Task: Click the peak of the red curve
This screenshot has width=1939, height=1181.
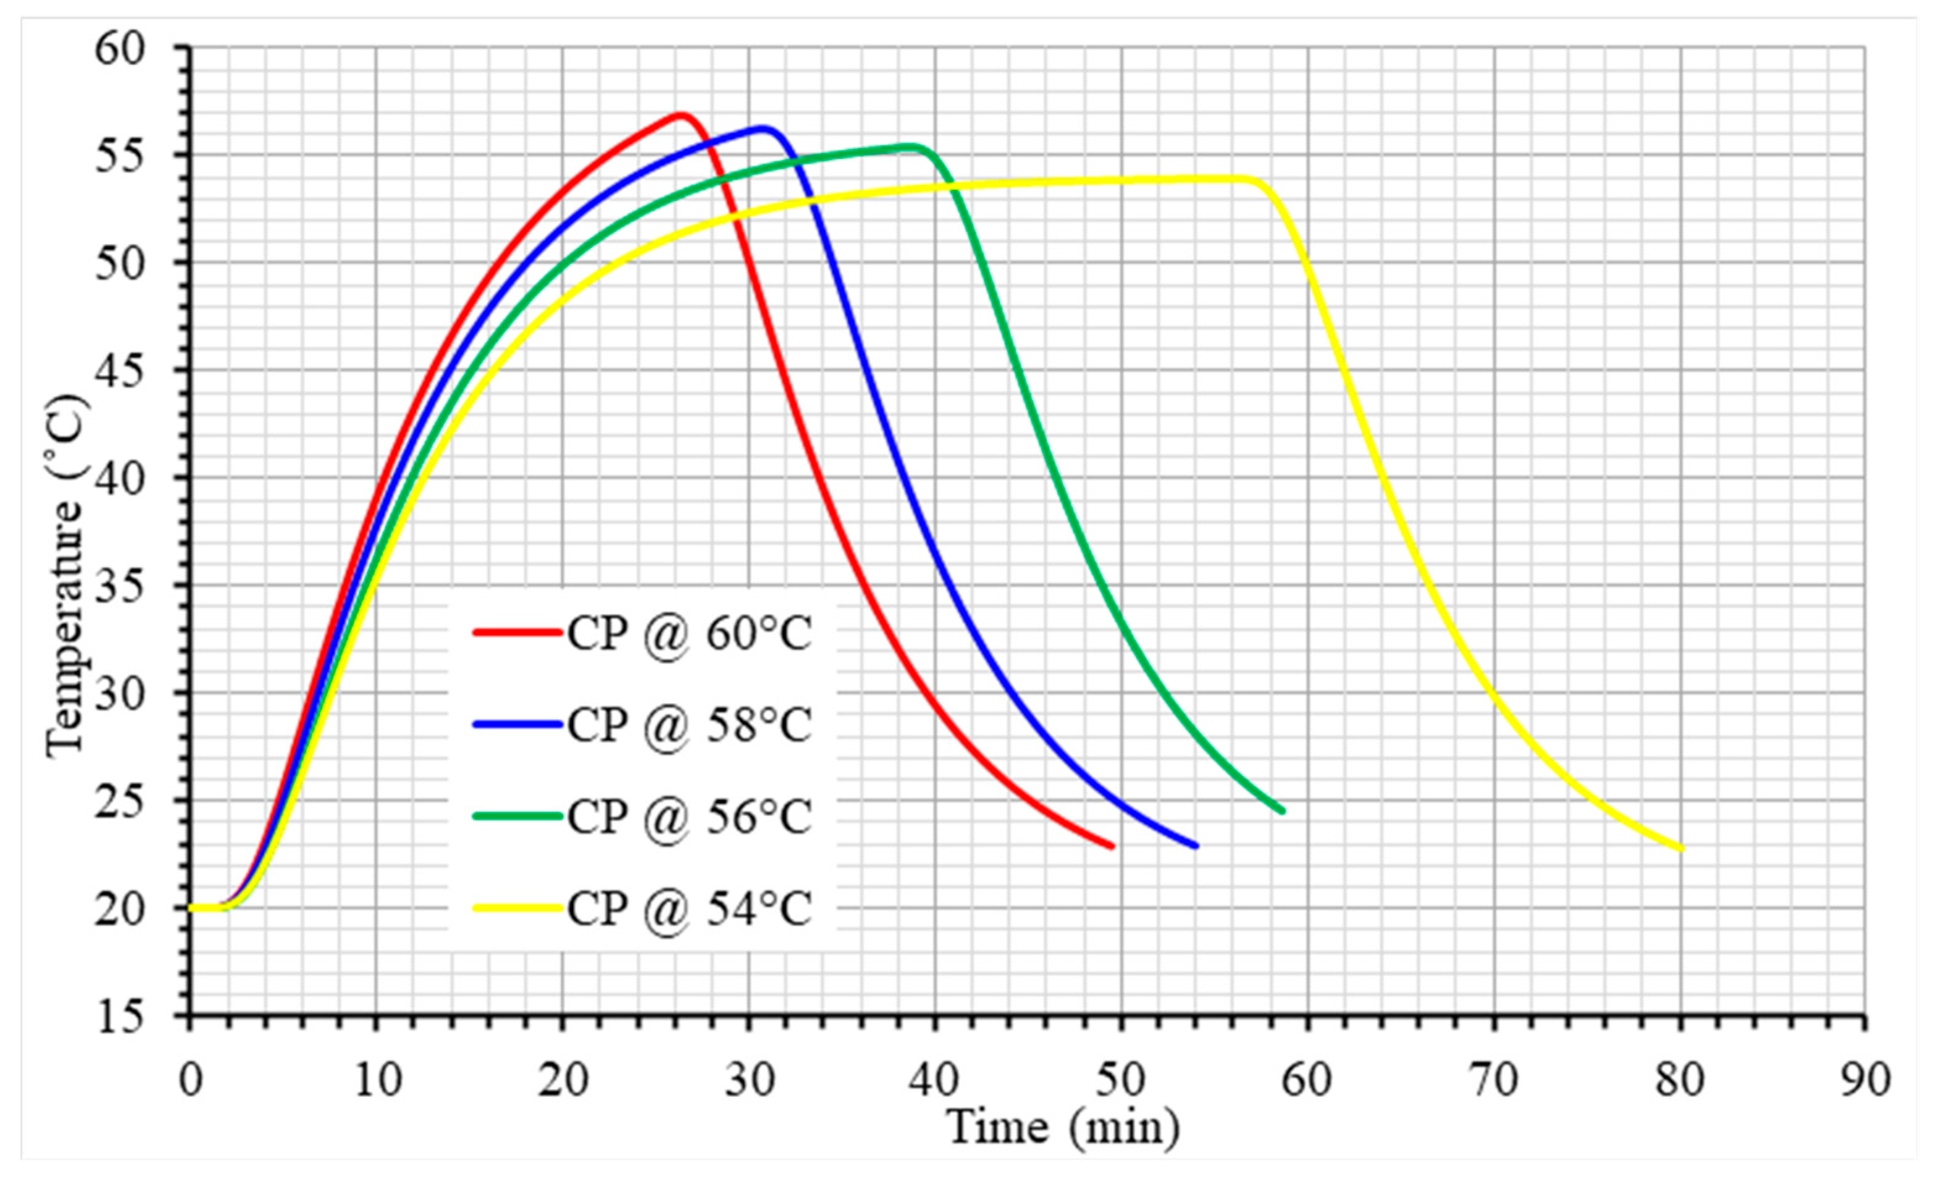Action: click(681, 115)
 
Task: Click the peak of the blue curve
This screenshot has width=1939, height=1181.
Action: click(762, 127)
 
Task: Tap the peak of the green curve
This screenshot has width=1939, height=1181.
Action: click(912, 147)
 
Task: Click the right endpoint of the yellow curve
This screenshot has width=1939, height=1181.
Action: click(1682, 849)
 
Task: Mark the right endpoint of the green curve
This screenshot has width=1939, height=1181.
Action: click(1283, 811)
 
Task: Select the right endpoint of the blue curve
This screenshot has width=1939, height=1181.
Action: click(1196, 846)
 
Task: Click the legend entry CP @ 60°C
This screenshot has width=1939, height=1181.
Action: click(689, 633)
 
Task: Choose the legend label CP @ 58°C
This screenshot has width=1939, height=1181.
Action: click(689, 725)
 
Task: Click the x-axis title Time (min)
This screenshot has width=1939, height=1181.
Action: click(1062, 1127)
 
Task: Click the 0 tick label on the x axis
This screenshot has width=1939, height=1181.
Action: click(190, 1080)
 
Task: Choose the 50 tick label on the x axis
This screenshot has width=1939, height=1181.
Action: click(1120, 1080)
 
